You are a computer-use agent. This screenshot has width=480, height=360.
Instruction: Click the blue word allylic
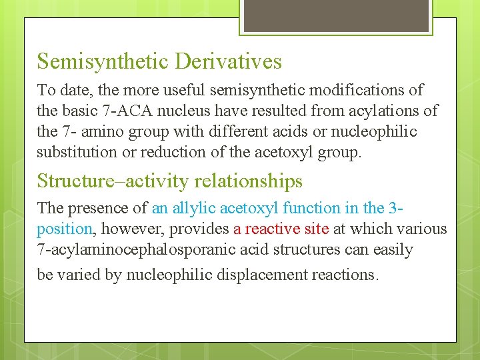point(190,208)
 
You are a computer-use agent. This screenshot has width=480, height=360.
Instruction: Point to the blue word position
point(64,229)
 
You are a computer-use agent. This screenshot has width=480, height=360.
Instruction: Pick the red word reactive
point(271,229)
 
